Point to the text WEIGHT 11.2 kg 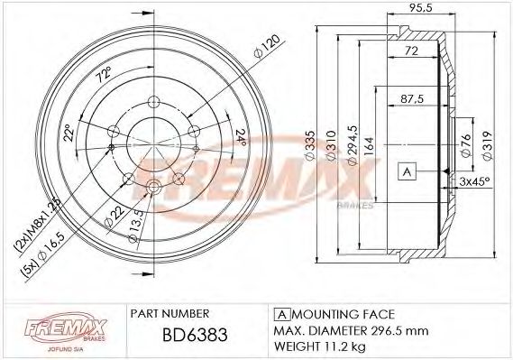point(319,345)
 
